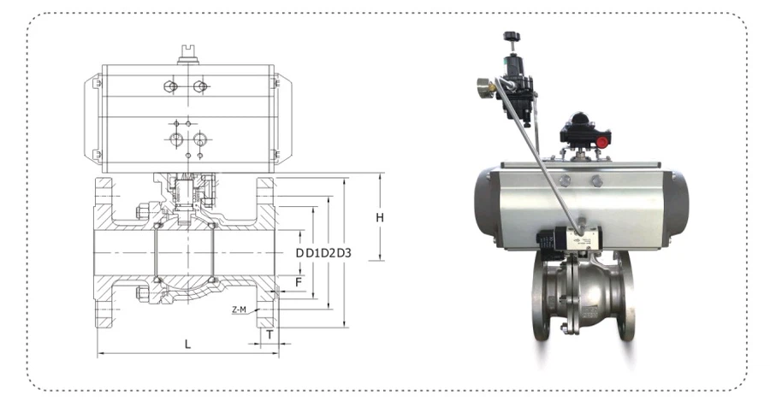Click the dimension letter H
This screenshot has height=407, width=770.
point(380,217)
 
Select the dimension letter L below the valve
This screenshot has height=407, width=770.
point(188,344)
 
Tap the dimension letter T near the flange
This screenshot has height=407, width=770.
point(269,334)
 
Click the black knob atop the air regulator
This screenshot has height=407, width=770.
point(512,38)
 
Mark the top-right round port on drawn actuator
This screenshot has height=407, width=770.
point(200,86)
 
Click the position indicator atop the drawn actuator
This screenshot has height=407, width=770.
point(187,55)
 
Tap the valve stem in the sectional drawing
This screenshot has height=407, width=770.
point(187,197)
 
